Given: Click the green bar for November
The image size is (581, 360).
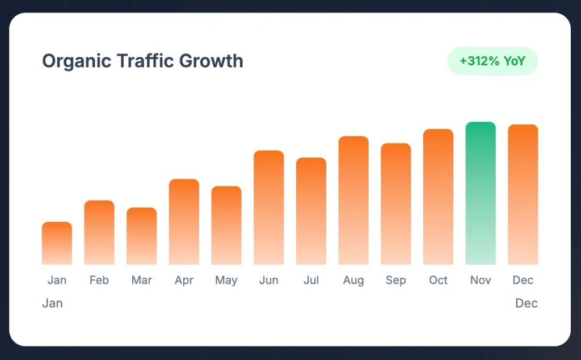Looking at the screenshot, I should (481, 193).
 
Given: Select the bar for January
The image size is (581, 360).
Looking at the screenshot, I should (57, 243).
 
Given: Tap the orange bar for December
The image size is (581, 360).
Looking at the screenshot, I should (523, 194).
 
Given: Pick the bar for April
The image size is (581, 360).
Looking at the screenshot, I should (184, 222).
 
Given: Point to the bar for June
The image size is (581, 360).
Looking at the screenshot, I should (269, 207).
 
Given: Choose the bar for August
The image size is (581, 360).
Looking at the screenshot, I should (353, 200).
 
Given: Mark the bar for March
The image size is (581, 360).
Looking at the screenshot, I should (141, 236).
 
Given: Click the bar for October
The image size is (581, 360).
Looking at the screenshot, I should (438, 197).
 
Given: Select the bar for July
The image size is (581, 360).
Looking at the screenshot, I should (311, 211).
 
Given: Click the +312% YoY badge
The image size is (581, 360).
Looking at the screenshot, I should (492, 61).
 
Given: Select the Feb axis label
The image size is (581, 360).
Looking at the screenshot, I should (99, 280).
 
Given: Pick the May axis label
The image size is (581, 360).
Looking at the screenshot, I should (226, 280).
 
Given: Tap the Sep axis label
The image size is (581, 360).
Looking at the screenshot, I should (395, 280).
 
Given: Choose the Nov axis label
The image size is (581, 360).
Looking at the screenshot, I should (481, 280).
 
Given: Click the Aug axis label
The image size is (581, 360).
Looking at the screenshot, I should (353, 280).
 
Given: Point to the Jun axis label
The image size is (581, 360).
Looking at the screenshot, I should (269, 280).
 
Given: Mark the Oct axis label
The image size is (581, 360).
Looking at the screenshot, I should (438, 280).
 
